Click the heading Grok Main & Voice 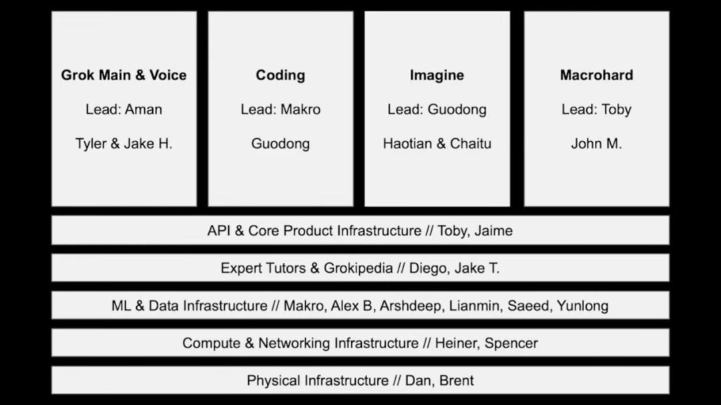click(x=124, y=75)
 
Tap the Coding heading click(x=280, y=75)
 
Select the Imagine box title click(x=437, y=75)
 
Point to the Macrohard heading click(x=596, y=75)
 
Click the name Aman click(x=144, y=109)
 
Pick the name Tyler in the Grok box click(x=91, y=143)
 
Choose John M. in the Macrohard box click(x=596, y=143)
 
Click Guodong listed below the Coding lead click(x=280, y=143)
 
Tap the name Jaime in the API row click(x=493, y=231)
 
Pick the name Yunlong click(x=582, y=306)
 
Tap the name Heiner click(x=455, y=343)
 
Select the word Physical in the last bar click(x=273, y=380)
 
